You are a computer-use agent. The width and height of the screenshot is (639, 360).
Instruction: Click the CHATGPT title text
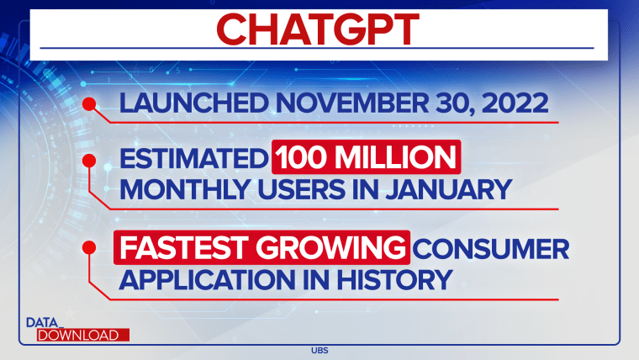point(318,29)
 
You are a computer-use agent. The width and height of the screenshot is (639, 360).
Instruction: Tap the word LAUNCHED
point(193,103)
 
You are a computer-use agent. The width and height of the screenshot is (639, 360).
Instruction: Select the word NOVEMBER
point(352,103)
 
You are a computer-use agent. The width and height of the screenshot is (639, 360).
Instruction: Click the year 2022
point(515,103)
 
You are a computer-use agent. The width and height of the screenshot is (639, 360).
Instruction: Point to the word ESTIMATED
point(193,158)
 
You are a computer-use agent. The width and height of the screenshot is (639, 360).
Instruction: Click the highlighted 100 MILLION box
point(367,157)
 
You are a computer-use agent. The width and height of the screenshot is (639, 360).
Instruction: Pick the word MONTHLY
point(185,189)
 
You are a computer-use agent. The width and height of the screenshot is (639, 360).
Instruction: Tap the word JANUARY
point(448,189)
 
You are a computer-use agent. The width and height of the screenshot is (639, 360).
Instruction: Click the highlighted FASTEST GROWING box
point(261,247)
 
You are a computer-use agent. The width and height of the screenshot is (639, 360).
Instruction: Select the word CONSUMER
point(491,248)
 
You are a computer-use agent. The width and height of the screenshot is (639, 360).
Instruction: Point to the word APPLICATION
point(207,280)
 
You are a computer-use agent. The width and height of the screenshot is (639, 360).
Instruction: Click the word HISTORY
point(394,280)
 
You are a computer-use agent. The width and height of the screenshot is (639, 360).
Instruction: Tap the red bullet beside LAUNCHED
point(89,104)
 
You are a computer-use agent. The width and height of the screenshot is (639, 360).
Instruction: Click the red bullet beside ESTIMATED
point(89,161)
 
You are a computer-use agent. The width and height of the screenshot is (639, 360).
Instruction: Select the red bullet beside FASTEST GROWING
point(89,247)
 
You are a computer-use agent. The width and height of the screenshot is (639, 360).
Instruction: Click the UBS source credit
point(319,350)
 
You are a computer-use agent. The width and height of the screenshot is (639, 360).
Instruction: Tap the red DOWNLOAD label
point(83,335)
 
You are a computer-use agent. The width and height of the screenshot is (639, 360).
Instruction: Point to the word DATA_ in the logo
point(45,323)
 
